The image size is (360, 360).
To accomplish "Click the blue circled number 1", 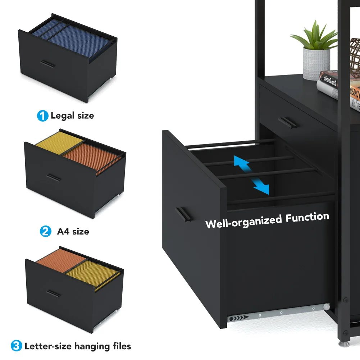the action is tap(42, 116).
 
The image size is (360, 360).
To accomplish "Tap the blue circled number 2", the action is tap(45, 232).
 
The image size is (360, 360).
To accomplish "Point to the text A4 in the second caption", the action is tap(63, 232).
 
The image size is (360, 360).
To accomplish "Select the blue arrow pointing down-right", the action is tap(261, 186).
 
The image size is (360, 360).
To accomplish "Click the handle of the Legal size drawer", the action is tap(47, 64).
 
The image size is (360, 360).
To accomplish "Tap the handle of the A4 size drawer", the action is tap(54, 177).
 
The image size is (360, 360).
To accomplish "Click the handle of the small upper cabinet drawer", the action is tap(287, 122).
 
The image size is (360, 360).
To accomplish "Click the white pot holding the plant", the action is tap(316, 64).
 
